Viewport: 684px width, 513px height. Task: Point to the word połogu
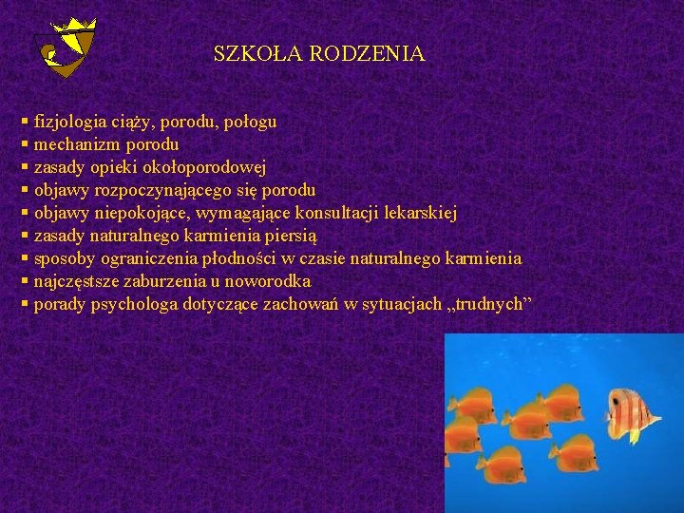click(x=250, y=122)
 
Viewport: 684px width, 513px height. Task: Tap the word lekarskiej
click(x=418, y=213)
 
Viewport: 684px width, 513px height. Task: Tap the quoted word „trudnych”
click(x=489, y=304)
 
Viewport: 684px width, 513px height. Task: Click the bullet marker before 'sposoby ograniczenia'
click(x=24, y=258)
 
